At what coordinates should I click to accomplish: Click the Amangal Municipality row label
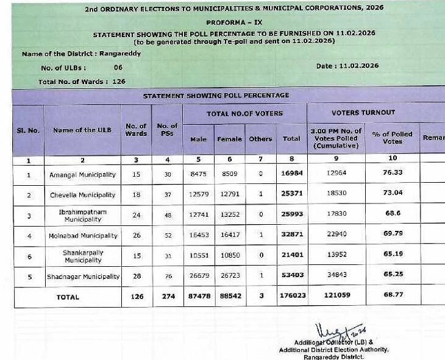point(82,175)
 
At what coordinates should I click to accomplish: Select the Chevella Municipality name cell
point(82,195)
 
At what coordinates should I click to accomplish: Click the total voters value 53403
point(291,276)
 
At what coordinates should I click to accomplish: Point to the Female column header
point(229,139)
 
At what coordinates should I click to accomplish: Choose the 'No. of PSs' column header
point(167,130)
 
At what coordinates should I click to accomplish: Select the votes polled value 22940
point(336,235)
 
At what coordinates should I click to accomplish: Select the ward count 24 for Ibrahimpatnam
point(136,215)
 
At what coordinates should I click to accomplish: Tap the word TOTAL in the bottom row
point(68,297)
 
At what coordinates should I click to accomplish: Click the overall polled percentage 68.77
point(393,296)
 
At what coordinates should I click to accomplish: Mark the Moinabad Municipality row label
point(84,236)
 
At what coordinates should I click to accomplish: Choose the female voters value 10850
point(229,256)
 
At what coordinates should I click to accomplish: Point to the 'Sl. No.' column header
point(27,130)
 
